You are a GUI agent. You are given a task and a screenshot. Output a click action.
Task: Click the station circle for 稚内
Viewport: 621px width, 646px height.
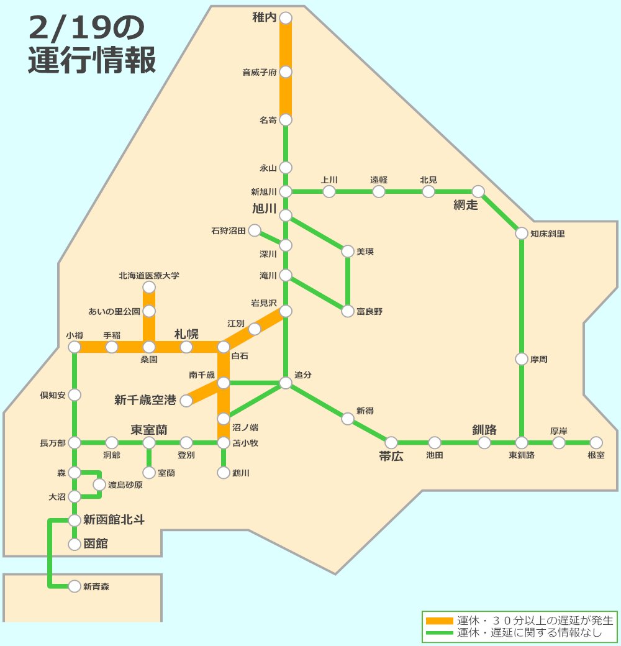coord(286,18)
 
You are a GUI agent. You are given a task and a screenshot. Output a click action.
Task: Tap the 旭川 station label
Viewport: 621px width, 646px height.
coord(264,209)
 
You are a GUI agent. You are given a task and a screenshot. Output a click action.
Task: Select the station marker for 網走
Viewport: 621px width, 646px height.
coord(478,191)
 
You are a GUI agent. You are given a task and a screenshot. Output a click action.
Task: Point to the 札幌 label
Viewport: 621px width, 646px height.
coord(186,334)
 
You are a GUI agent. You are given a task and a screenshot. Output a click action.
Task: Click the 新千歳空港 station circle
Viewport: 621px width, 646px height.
coord(186,401)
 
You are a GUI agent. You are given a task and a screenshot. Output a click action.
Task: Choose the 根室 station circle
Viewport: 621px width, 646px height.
coord(596,442)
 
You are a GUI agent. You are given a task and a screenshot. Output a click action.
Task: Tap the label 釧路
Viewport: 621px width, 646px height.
coord(484,430)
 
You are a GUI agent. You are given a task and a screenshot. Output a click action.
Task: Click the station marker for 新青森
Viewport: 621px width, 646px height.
coord(75,586)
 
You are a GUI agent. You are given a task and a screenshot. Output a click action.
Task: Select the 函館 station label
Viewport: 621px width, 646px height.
coord(96,544)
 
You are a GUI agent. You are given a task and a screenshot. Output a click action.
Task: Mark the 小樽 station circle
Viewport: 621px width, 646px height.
coord(75,347)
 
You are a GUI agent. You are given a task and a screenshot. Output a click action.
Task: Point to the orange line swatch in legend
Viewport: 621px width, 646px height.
coord(439,621)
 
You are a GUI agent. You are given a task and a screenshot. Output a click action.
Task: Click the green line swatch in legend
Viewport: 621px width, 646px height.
coord(439,633)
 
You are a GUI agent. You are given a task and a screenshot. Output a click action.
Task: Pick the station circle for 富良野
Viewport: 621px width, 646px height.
coord(348,311)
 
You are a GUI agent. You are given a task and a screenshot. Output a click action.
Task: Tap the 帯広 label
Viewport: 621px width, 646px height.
coord(391,457)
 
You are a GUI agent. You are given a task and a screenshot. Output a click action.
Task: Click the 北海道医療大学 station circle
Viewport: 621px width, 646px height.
coord(149,287)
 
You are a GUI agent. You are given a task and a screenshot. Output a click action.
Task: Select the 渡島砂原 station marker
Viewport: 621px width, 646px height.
coord(99,484)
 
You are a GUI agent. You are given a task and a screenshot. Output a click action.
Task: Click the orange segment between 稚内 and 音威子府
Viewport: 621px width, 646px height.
coord(286,45)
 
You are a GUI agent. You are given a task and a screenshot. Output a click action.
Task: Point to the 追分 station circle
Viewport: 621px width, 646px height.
coord(286,383)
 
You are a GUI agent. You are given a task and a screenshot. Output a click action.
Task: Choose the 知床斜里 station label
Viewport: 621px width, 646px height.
coord(548,234)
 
